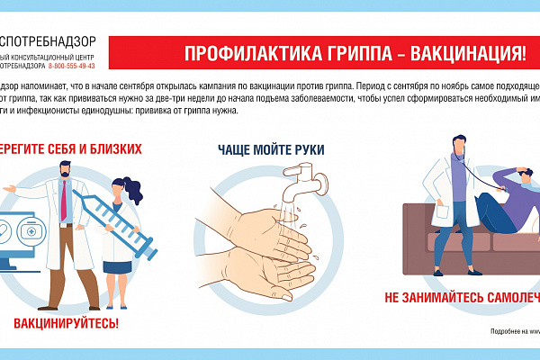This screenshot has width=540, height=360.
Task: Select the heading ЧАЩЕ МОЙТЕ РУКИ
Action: pyautogui.click(x=270, y=149)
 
